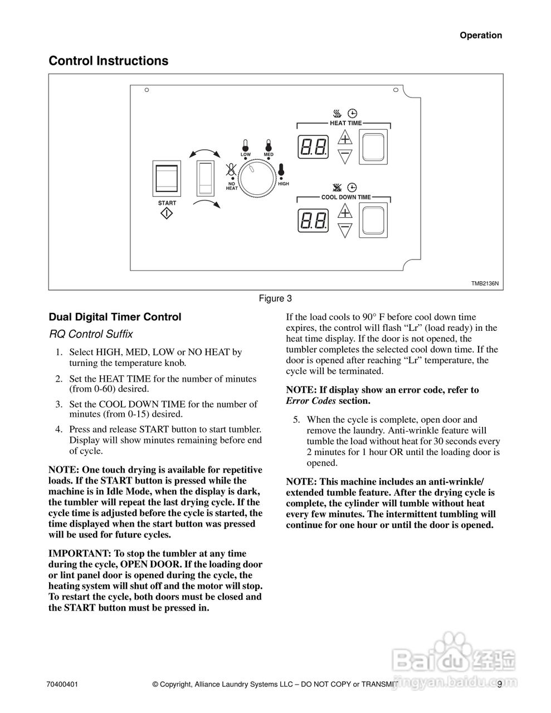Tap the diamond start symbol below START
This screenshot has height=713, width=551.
click(x=167, y=214)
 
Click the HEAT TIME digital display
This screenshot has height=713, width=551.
click(x=314, y=147)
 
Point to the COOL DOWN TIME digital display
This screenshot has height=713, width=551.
click(x=314, y=221)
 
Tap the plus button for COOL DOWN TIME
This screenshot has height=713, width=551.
click(x=345, y=212)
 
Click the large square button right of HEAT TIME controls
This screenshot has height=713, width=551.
click(x=374, y=147)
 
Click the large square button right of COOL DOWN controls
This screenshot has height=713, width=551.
click(x=374, y=221)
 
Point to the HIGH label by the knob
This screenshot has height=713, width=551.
click(x=284, y=184)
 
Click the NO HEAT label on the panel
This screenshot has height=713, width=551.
click(x=232, y=186)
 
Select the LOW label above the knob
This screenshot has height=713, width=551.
click(x=246, y=154)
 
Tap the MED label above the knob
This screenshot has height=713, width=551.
click(x=269, y=154)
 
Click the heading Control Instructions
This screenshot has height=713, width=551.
click(x=109, y=61)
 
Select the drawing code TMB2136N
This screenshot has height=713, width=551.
click(x=485, y=283)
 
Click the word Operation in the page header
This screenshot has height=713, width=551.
click(x=481, y=35)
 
